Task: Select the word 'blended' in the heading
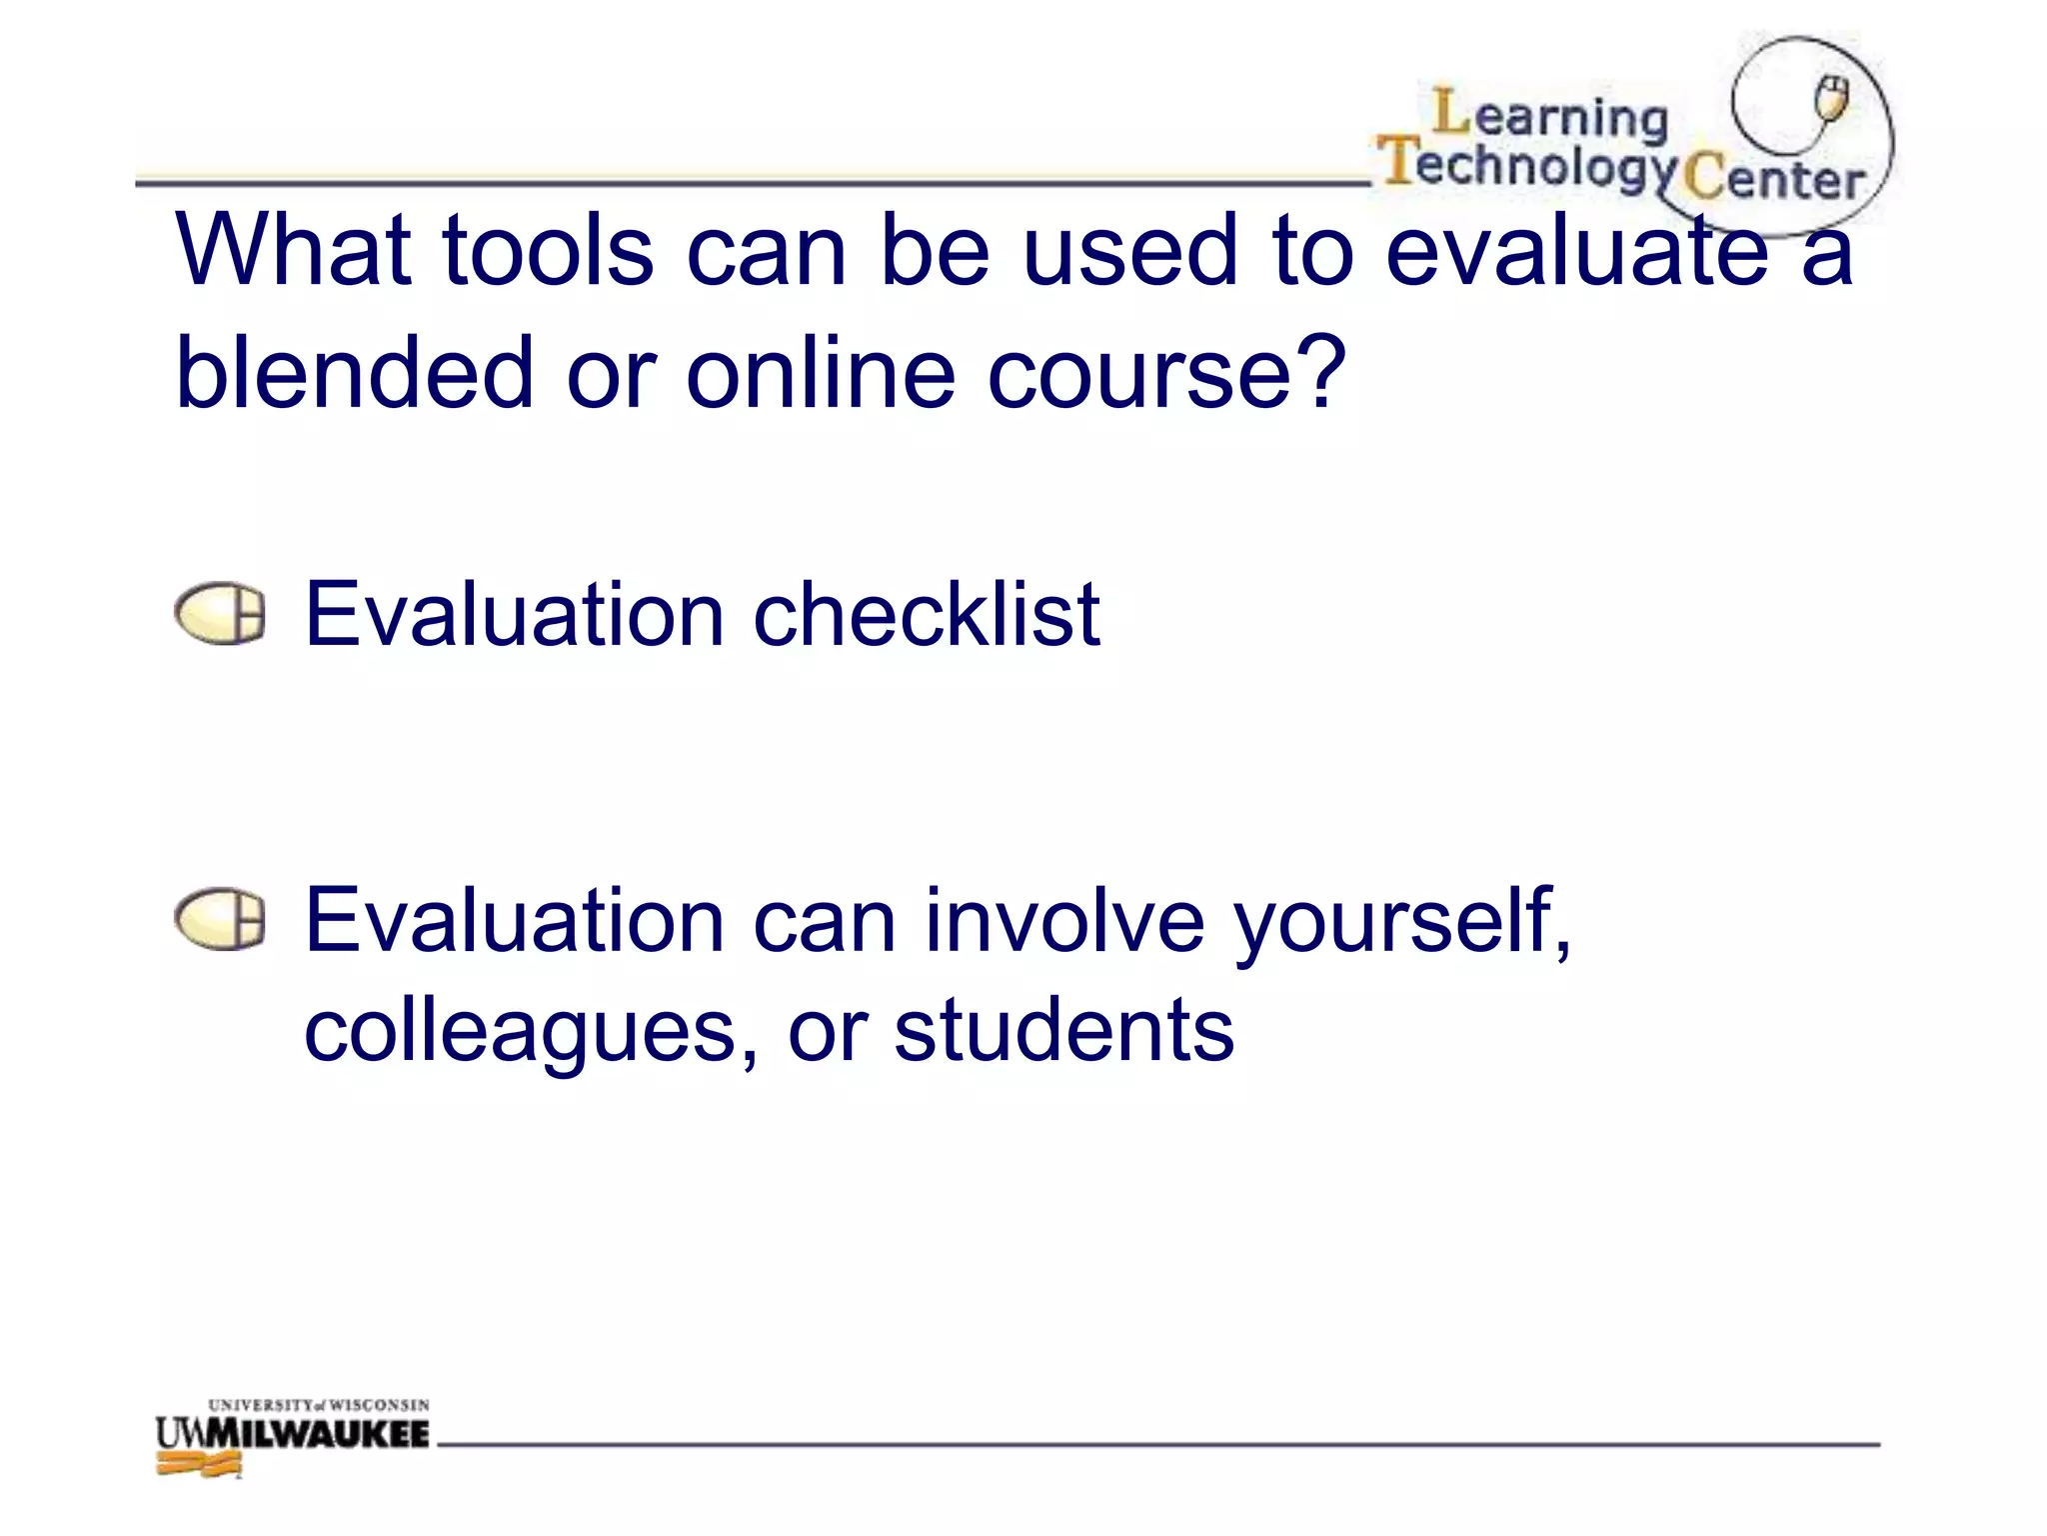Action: (354, 372)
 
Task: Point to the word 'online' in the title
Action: (821, 372)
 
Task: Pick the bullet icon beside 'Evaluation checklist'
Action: (220, 613)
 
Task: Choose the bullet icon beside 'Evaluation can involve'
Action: (220, 919)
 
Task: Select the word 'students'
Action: (1063, 1030)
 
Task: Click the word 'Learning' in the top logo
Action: (1550, 115)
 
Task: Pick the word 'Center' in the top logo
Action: (1773, 179)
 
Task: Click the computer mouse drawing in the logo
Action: (1832, 99)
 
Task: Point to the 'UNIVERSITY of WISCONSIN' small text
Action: (319, 1405)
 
